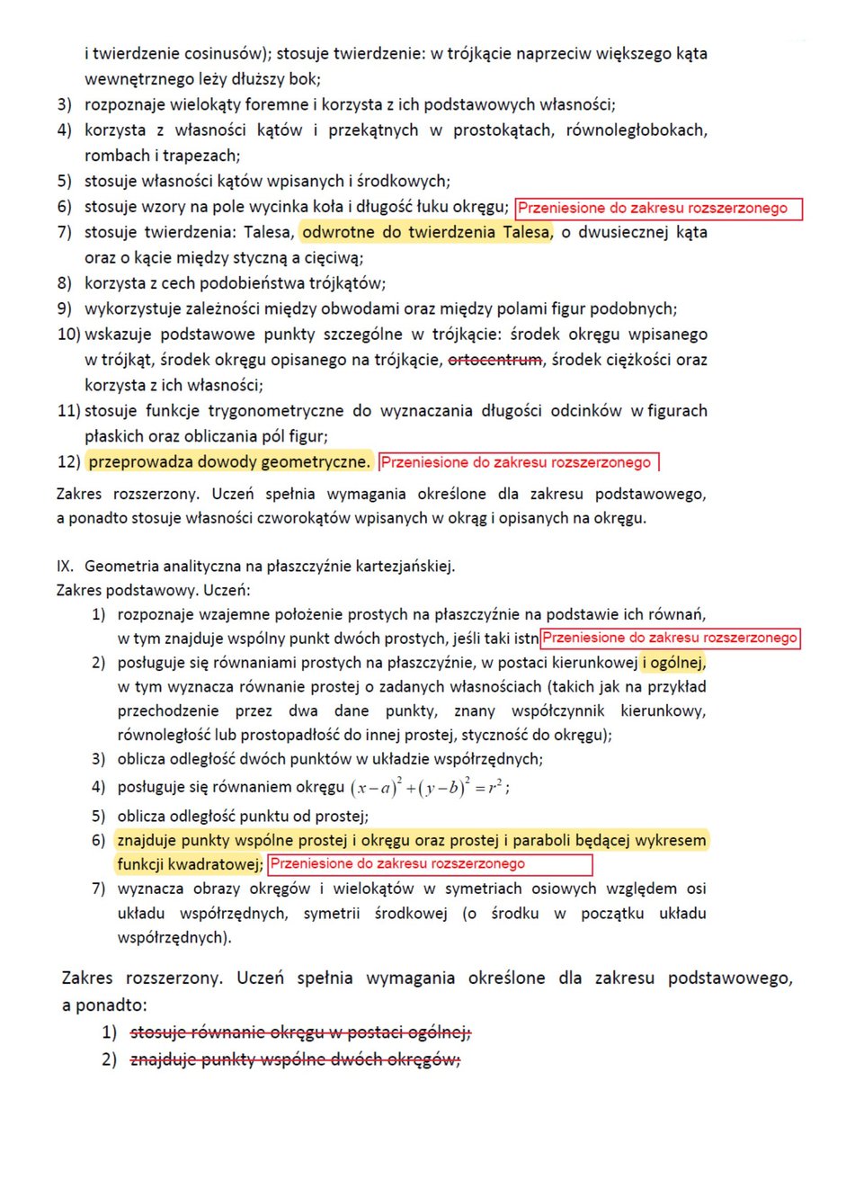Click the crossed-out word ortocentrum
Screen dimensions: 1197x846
click(495, 360)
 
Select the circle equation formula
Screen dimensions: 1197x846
click(430, 788)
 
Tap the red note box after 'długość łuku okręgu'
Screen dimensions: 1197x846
click(657, 209)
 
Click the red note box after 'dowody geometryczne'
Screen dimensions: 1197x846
click(519, 462)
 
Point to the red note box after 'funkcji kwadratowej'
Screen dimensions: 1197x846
click(430, 864)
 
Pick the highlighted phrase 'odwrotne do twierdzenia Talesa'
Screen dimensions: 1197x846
click(425, 232)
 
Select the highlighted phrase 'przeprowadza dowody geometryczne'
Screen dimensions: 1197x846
click(229, 462)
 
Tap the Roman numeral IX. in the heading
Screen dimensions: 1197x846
click(65, 567)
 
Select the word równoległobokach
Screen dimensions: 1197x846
click(636, 130)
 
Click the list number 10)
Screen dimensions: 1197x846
click(68, 335)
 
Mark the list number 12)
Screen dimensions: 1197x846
click(68, 462)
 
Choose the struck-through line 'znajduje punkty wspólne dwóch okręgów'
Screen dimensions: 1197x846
click(296, 1059)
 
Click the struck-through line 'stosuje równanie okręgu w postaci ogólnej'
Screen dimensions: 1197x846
click(301, 1032)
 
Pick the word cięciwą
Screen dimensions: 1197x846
click(334, 258)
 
